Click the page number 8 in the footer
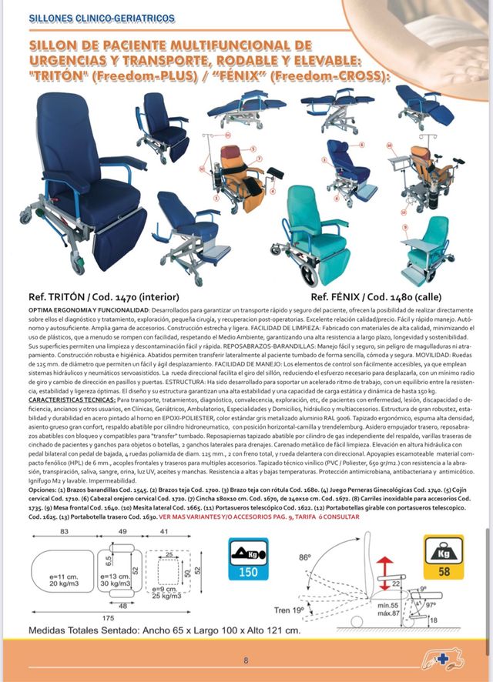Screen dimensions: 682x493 pyautogui.click(x=246, y=660)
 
